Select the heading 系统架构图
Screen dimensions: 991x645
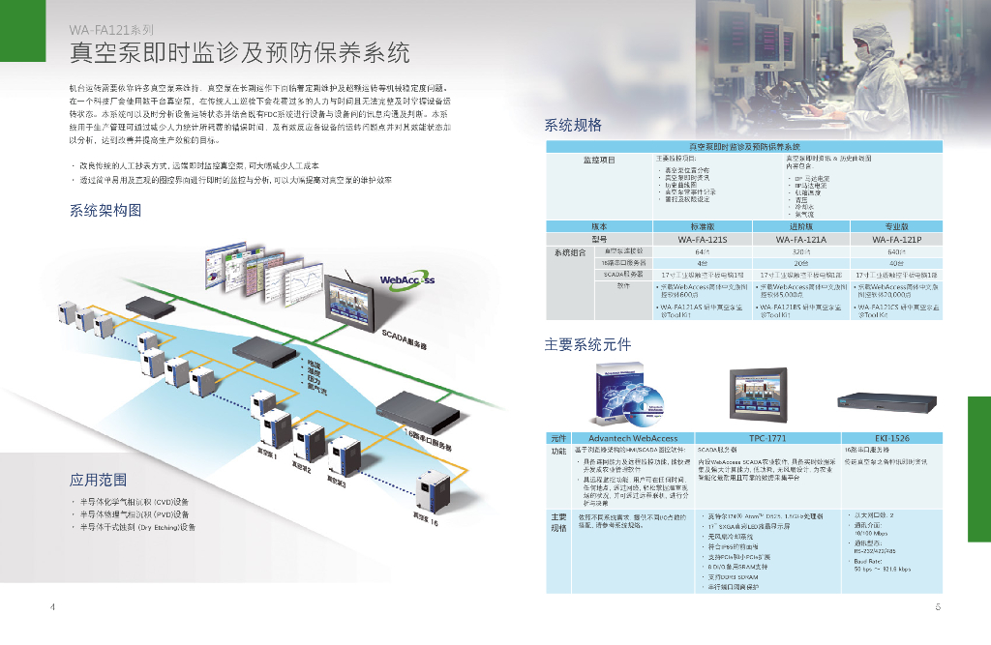click(x=105, y=210)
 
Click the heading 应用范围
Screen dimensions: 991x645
click(x=98, y=480)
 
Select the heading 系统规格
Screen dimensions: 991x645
click(x=573, y=125)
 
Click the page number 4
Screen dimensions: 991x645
click(x=52, y=607)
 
